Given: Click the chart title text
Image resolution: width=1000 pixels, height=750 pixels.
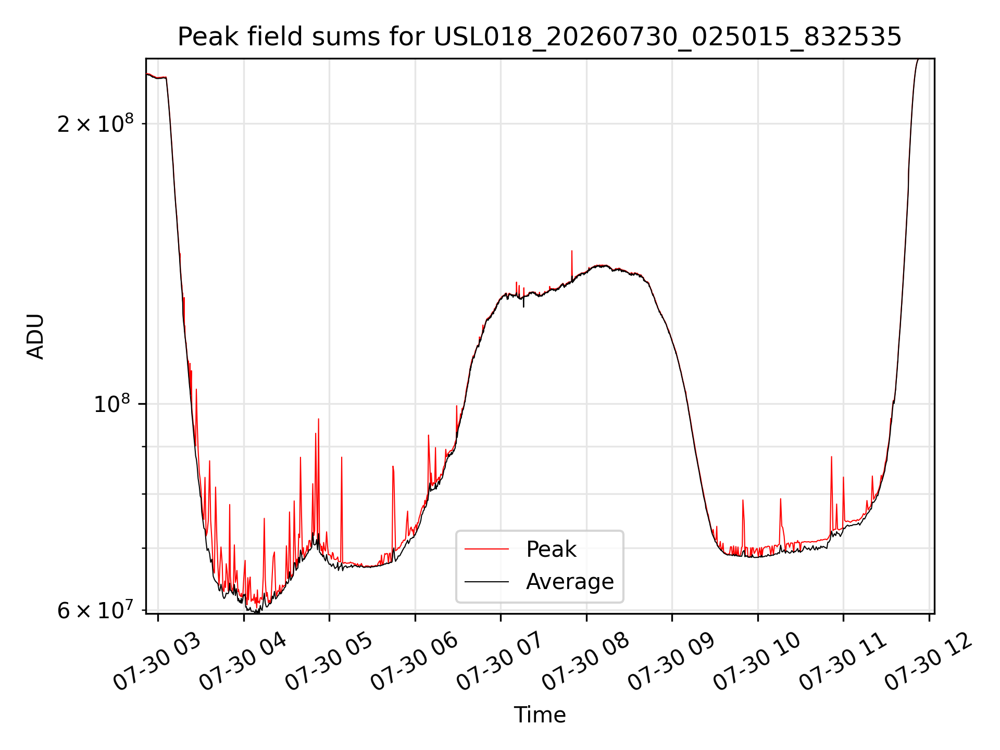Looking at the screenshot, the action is click(x=540, y=37).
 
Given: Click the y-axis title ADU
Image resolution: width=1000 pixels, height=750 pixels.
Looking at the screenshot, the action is click(x=35, y=336).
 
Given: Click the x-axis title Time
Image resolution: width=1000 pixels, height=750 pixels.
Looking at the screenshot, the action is click(x=540, y=715).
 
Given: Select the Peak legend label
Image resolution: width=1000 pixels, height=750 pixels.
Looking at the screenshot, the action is click(x=551, y=549).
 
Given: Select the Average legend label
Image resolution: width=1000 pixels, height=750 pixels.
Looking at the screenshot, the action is click(x=570, y=581).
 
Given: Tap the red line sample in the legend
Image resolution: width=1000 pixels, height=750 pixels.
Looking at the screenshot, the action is click(x=486, y=549).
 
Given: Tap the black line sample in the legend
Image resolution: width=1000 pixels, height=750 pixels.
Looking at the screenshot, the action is click(x=486, y=581).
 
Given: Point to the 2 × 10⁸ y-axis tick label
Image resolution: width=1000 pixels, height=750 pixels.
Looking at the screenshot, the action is click(x=95, y=123).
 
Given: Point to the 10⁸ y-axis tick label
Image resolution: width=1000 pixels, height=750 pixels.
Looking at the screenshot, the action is click(x=111, y=403).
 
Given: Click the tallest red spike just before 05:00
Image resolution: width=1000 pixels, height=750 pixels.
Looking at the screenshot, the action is click(x=318, y=420).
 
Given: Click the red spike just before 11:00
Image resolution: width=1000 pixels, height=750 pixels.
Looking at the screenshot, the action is click(x=831, y=458).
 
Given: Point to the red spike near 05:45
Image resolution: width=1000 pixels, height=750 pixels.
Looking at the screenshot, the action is click(x=393, y=467).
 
